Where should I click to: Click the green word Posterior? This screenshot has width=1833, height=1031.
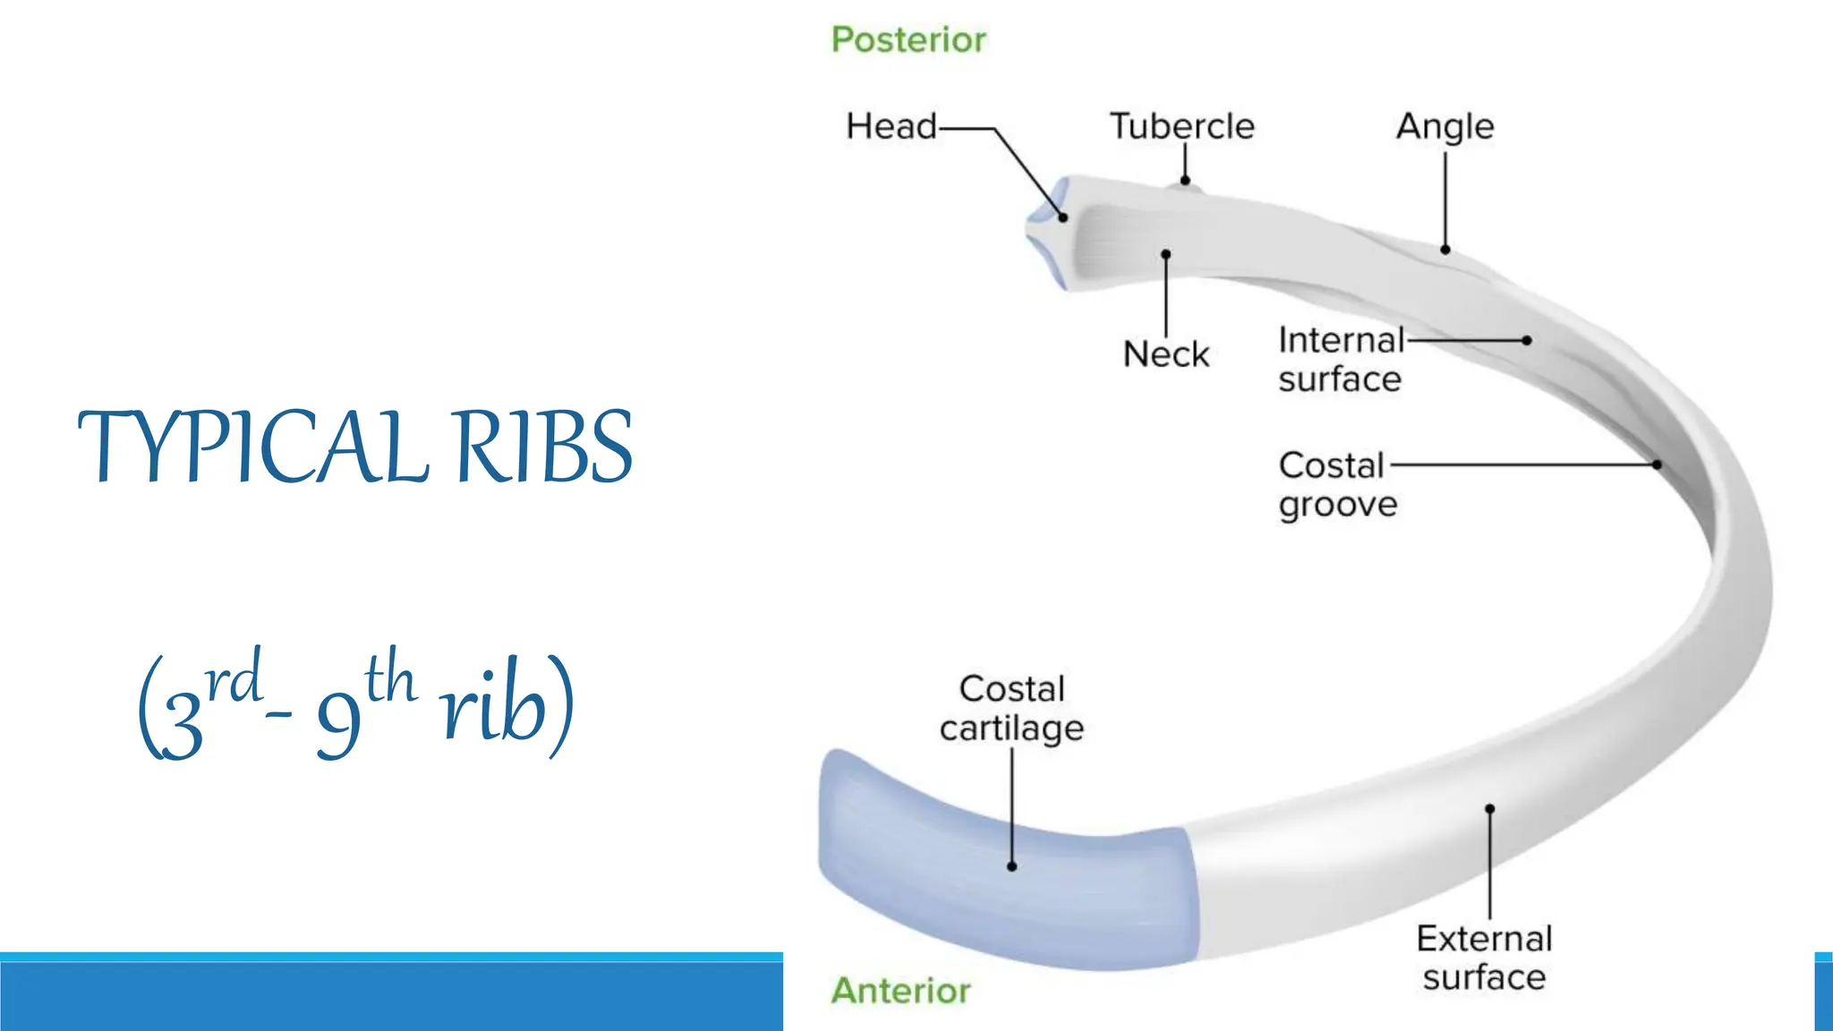[x=908, y=40]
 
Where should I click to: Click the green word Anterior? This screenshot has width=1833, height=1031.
[x=900, y=991]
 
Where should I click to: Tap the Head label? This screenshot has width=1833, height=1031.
[x=891, y=126]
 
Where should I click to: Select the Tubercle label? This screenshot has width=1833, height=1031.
[x=1181, y=126]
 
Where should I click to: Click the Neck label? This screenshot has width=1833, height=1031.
[x=1165, y=354]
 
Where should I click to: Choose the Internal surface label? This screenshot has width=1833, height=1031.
[x=1340, y=360]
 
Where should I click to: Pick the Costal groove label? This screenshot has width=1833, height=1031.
[x=1336, y=485]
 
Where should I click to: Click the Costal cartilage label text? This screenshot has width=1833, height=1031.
[x=1011, y=709]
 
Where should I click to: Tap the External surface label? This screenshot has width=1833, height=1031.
[x=1484, y=958]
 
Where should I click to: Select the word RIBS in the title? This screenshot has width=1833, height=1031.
[x=543, y=447]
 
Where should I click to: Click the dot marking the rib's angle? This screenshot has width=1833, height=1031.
[x=1445, y=250]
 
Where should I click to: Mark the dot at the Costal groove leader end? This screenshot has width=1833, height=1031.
[x=1657, y=464]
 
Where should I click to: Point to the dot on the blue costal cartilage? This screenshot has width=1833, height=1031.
[x=1011, y=866]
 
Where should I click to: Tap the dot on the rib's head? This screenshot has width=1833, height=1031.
[x=1063, y=217]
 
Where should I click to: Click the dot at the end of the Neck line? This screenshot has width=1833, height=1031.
[x=1165, y=254]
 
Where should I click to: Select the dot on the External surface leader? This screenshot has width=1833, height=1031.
[x=1489, y=809]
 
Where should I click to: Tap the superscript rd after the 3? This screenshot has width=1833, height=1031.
[x=234, y=679]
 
